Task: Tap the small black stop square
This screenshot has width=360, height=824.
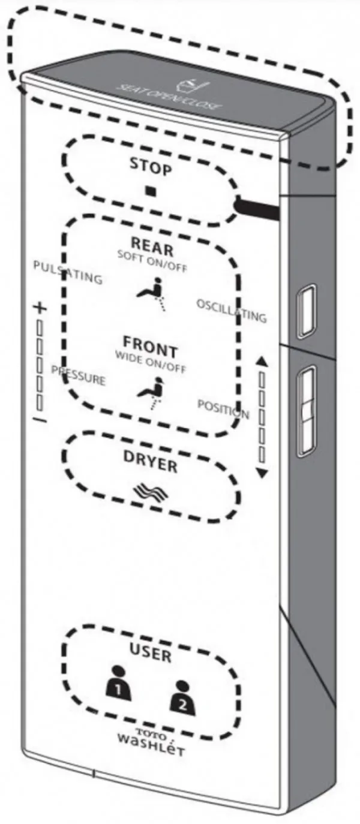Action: point(151,191)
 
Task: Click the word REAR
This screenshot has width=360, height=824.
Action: point(152,246)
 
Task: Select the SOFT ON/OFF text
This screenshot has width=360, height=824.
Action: point(152,261)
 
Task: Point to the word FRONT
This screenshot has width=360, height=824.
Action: point(150,347)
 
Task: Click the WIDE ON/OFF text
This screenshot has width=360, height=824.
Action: point(151,362)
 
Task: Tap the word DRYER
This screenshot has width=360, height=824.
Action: point(150,461)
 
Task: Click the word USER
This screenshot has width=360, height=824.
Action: point(151,653)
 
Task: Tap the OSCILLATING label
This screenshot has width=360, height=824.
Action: point(232,311)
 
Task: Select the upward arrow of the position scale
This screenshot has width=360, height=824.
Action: point(262,361)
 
